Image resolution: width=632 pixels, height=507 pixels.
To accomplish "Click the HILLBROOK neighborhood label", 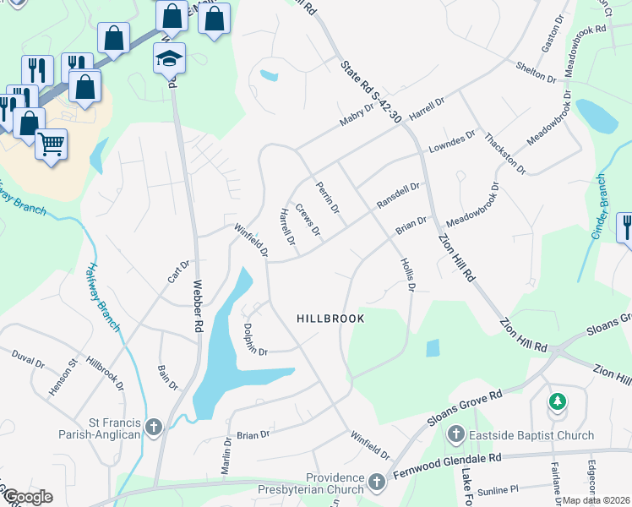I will point(330,319).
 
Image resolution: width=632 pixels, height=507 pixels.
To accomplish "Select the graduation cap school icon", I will point(169,59).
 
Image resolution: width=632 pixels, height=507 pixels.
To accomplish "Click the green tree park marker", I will point(558,401).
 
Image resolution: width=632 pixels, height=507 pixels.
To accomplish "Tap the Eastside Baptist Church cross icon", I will point(455,436).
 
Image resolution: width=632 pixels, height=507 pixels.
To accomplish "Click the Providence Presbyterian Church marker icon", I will point(376,483).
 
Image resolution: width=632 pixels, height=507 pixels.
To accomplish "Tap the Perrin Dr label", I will point(327,197).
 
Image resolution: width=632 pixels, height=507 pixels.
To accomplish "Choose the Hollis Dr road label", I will point(406,275).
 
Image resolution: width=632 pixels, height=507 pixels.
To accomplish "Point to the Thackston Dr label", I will point(506,153).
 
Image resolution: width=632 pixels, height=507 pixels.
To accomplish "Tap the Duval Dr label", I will point(28,362).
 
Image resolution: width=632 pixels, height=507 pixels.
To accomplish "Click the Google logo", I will point(29,497).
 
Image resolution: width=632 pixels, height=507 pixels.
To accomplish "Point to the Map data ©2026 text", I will point(597,500).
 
